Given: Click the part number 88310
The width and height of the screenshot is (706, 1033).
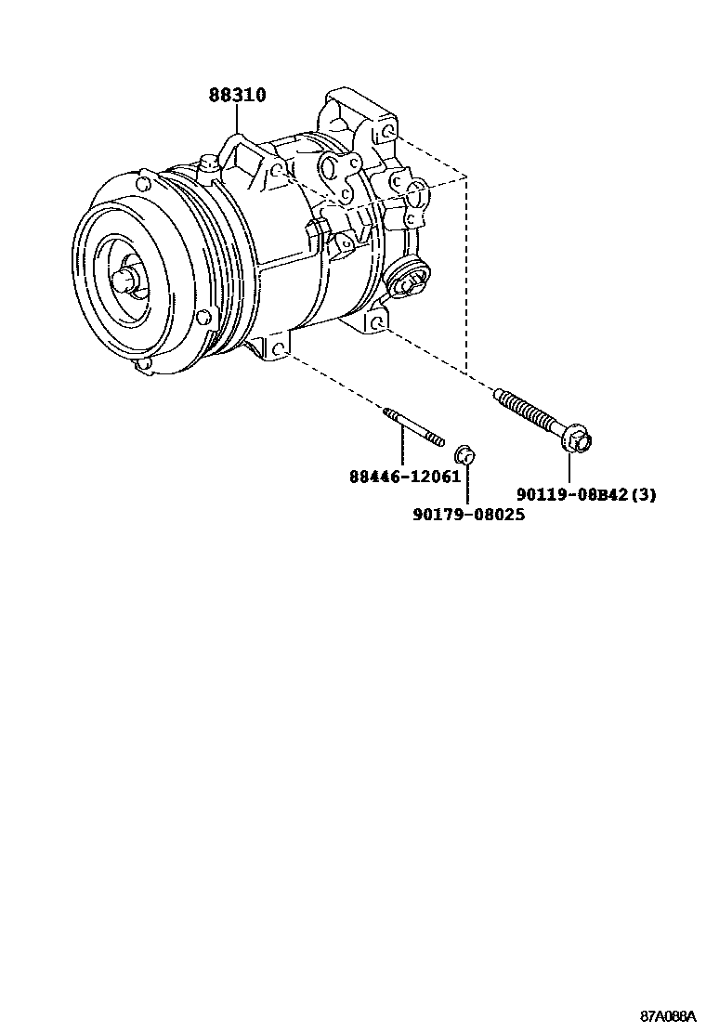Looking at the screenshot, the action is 238,96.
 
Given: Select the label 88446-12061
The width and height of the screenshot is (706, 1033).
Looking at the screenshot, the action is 405,476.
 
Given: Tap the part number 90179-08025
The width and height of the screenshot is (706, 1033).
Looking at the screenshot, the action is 469,515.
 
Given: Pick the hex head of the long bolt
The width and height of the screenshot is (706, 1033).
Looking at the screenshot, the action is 578,440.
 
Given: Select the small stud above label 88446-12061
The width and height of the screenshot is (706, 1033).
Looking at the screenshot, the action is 413,426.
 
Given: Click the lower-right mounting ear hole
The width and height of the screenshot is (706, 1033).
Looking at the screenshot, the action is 377,322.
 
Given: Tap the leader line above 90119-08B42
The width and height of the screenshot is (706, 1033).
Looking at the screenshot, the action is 569,468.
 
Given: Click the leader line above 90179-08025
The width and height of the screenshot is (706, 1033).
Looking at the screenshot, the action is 467,484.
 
